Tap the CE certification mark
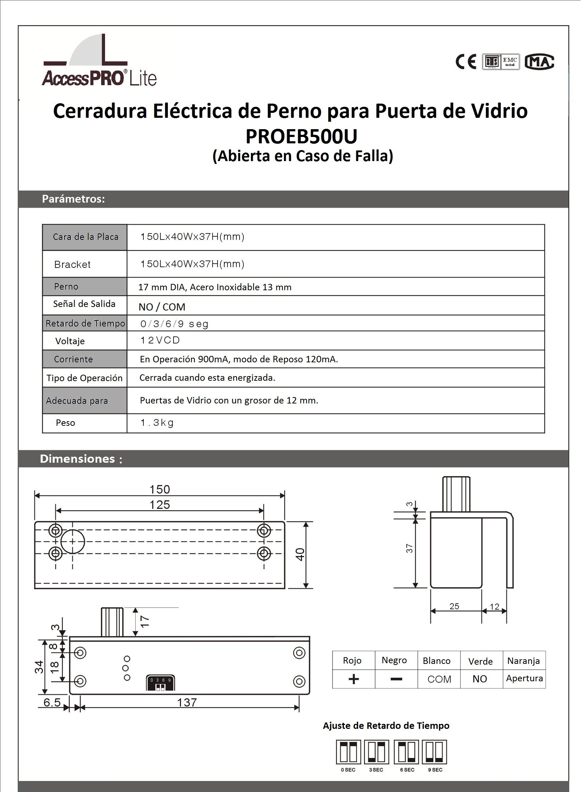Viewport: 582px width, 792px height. [x=466, y=62]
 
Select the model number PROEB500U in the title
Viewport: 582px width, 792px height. [x=301, y=136]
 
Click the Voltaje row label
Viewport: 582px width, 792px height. [x=70, y=341]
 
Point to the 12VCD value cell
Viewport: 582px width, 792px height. [x=160, y=340]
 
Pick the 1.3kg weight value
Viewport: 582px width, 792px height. [x=157, y=423]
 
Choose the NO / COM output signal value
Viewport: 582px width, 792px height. [x=162, y=307]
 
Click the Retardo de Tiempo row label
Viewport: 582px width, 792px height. [x=85, y=323]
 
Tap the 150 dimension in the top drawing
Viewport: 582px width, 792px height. [x=160, y=489]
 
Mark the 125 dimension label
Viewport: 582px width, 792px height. [x=160, y=505]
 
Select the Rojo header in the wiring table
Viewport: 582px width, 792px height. [x=352, y=660]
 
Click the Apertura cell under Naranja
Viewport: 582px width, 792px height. [x=524, y=678]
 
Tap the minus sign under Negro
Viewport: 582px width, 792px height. [x=396, y=679]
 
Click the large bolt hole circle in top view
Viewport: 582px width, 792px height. [x=72, y=541]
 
